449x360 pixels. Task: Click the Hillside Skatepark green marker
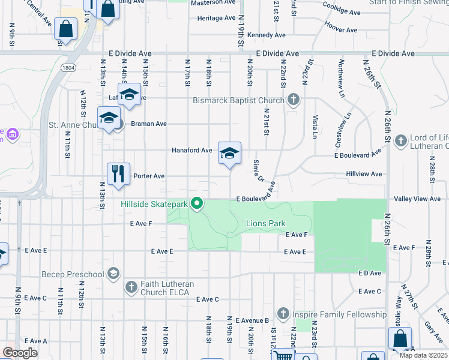196,204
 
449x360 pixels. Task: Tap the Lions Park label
265,224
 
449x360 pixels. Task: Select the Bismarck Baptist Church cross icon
293,100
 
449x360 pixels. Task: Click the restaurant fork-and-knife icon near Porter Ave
119,174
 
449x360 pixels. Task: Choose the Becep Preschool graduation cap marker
112,274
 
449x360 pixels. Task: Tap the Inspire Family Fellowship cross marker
283,314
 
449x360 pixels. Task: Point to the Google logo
20,353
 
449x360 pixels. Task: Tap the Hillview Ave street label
364,174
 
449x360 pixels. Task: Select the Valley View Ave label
417,199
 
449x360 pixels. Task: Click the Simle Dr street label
259,170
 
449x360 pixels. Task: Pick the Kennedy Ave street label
266,35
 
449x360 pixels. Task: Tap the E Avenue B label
252,320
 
